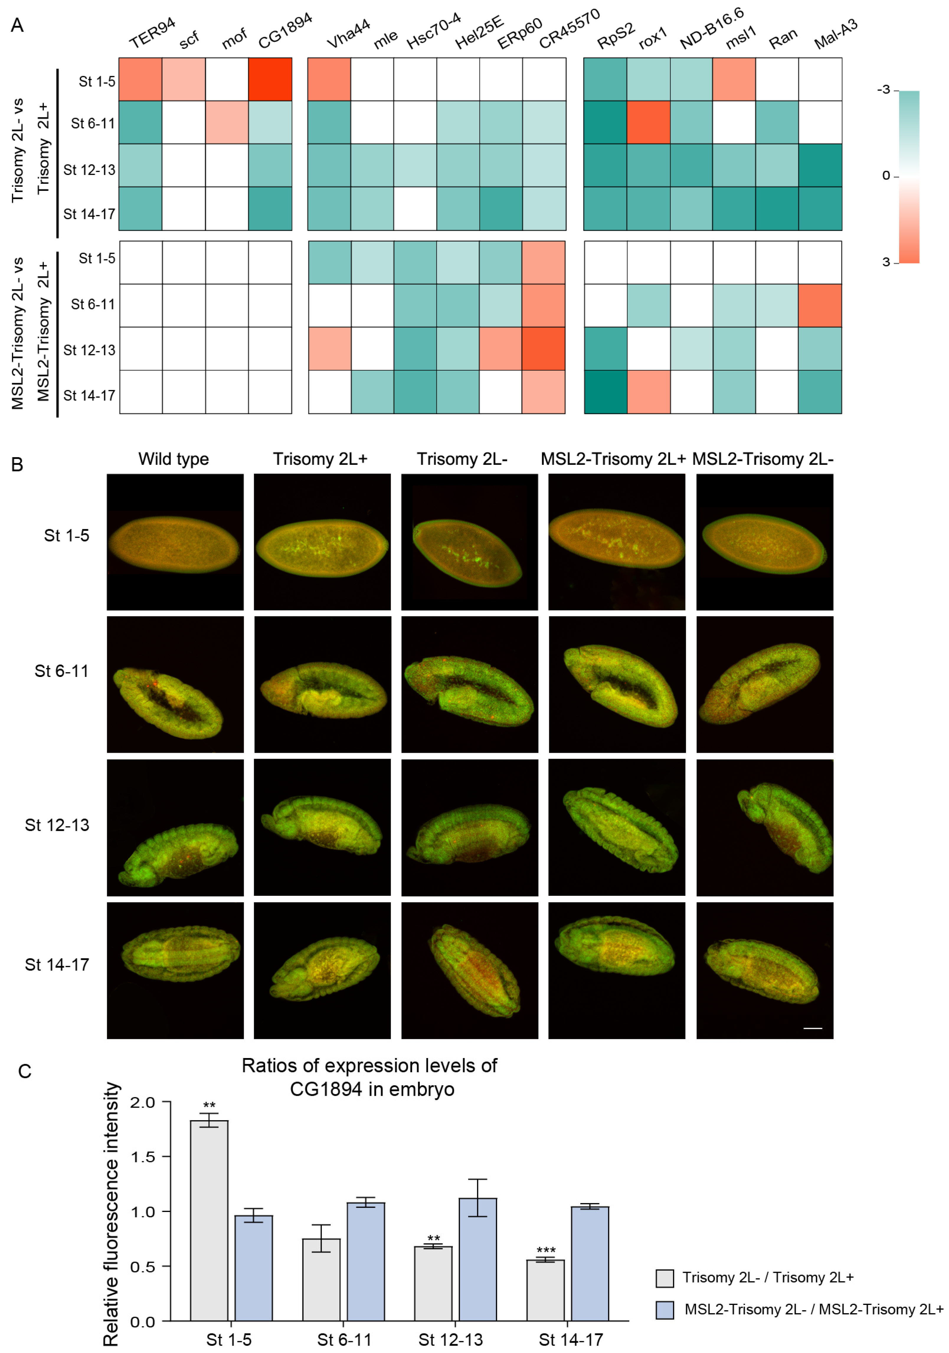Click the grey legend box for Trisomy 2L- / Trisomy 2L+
pyautogui.click(x=664, y=1278)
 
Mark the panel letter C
pyautogui.click(x=24, y=1071)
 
